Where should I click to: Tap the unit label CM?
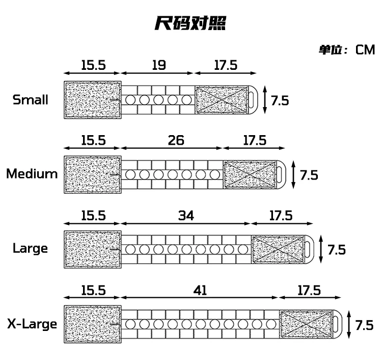(365, 49)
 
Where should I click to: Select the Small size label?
(31, 99)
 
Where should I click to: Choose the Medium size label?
(32, 174)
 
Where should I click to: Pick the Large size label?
(31, 249)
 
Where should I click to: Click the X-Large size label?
(32, 324)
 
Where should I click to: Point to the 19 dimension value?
(158, 65)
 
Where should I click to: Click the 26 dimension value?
(176, 140)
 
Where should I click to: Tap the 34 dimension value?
(186, 215)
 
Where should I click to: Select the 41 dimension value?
(201, 290)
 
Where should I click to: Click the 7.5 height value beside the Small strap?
(280, 100)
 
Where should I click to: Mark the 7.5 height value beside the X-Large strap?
(365, 325)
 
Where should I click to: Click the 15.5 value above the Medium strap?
(93, 140)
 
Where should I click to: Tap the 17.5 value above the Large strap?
(281, 215)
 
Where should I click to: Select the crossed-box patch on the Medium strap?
(250, 174)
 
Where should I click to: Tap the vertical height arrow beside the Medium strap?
(293, 175)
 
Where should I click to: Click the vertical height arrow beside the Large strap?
(321, 250)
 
